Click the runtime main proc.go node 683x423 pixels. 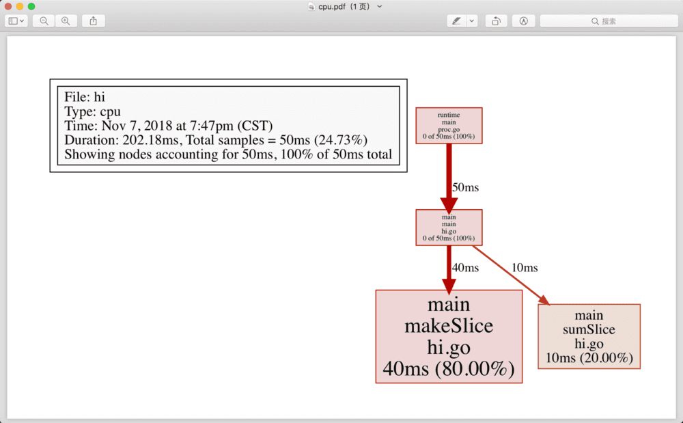449,125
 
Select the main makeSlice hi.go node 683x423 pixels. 449,336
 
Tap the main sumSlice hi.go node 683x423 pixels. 589,336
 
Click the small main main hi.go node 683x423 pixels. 449,227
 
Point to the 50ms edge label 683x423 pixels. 465,187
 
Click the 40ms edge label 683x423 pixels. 465,268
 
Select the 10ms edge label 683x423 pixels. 525,268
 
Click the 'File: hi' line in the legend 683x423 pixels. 85,97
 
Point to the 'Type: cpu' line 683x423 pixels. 92,111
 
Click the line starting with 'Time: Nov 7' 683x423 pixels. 168,126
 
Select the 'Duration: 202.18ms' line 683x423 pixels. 216,140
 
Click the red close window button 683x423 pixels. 8,6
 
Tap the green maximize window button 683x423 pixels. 31,6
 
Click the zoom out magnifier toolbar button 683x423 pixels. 44,21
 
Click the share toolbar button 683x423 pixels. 93,21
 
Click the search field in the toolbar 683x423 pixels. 609,21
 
